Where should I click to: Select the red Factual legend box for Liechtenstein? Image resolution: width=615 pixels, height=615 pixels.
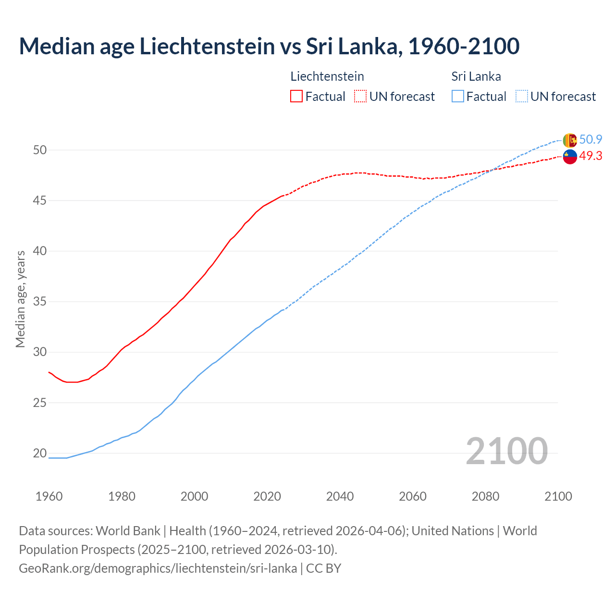pos(296,97)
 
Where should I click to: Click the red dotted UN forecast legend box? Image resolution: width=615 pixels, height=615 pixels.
pos(360,97)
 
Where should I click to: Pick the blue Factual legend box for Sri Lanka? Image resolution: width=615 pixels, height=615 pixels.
pos(458,97)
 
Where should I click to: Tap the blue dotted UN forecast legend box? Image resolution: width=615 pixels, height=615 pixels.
pos(521,97)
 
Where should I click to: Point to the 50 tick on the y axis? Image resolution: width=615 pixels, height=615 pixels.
pos(40,150)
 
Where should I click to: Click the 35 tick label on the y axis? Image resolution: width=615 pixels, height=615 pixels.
pos(40,302)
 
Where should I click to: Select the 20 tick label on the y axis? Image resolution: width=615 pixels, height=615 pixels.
pos(40,453)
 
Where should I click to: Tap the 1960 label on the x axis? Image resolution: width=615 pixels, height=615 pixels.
pos(49,496)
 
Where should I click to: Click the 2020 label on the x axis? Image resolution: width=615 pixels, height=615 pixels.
pos(267,496)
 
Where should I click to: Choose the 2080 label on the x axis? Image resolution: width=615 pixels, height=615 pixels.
pos(485,496)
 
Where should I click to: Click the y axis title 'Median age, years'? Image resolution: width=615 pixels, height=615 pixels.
pos(20,299)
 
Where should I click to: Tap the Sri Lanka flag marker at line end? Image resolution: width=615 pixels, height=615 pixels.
pos(569,140)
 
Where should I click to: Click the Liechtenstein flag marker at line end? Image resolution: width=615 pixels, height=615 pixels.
pos(569,157)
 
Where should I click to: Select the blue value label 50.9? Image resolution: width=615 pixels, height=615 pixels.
pos(590,140)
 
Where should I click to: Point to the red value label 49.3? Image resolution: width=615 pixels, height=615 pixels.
pos(590,156)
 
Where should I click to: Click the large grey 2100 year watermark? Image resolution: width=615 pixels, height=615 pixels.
pos(506,451)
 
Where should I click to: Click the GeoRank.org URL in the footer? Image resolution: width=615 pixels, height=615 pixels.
pos(158,568)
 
